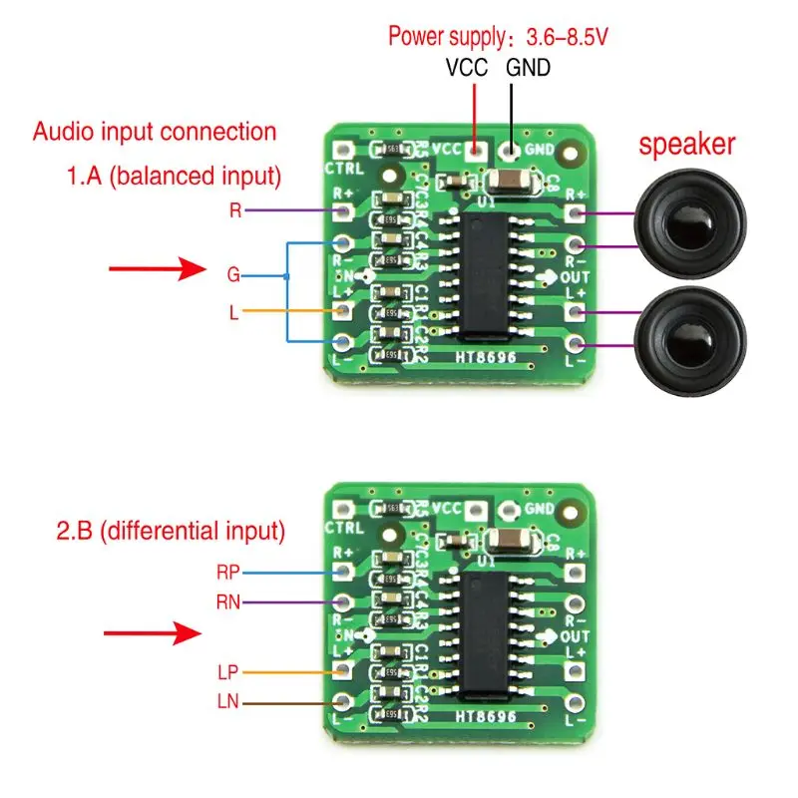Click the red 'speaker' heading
686,144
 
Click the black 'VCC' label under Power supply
467,68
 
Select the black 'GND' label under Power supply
528,68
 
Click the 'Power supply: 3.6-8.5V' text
498,38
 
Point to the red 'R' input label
235,210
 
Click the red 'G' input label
233,273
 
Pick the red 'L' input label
233,312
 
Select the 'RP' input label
228,573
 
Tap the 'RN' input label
228,601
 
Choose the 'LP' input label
227,672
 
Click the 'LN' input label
227,703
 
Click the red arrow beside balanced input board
149,268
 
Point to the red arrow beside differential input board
149,631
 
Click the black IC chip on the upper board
489,274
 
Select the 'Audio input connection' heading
155,131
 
